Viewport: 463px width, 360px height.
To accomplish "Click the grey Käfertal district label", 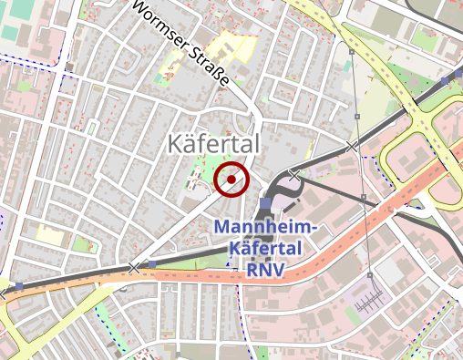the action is [214, 144].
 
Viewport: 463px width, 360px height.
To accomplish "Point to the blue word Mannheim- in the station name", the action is [264, 227].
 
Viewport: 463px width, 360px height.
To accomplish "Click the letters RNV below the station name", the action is [265, 270].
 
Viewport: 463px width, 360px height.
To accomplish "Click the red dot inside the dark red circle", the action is [232, 180].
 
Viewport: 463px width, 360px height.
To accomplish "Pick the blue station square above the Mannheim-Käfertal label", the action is [265, 202].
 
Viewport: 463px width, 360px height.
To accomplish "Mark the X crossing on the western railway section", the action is [135, 268].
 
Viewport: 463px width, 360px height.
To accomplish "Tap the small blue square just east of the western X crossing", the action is [152, 264].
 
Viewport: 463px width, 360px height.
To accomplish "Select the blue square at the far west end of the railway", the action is [18, 286].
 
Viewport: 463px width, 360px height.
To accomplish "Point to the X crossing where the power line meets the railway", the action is [352, 146].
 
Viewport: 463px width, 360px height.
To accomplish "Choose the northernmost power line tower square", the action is [351, 53].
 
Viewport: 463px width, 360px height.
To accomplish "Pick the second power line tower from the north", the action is [357, 117].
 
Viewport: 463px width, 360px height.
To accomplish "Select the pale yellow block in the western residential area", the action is [50, 236].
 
